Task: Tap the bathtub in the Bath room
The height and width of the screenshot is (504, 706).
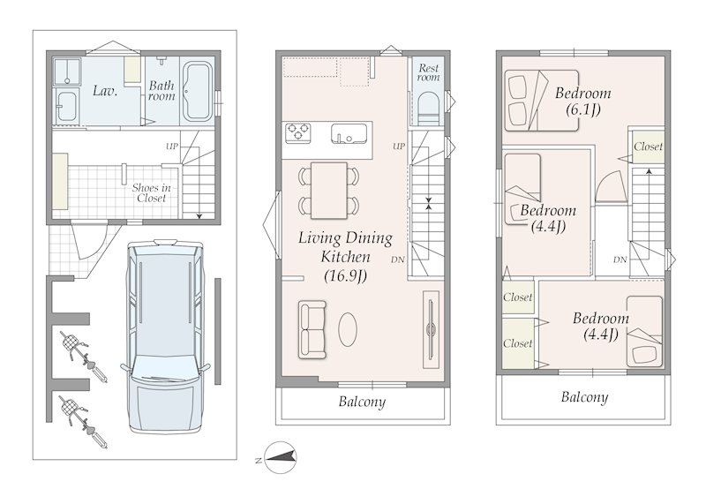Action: click(198, 92)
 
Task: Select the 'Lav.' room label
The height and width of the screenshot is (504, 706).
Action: click(105, 91)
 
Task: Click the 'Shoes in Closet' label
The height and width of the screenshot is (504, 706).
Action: click(151, 192)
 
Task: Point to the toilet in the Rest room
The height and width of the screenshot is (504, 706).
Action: click(428, 109)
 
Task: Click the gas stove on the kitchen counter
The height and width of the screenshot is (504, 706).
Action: click(297, 133)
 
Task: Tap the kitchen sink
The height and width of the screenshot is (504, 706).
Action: click(349, 133)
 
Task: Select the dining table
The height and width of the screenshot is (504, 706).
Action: click(328, 191)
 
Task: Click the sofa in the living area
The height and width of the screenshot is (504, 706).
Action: click(312, 330)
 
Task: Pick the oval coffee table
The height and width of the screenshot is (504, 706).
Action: click(348, 330)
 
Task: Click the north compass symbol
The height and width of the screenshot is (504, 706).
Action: click(280, 457)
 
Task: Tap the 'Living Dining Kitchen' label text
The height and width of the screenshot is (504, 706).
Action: click(345, 247)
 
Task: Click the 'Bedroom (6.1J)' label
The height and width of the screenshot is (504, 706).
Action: click(583, 101)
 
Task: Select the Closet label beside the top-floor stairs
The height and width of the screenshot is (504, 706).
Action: click(649, 147)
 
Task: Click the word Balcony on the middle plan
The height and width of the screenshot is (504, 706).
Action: click(362, 402)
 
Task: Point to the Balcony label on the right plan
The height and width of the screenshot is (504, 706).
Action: click(584, 397)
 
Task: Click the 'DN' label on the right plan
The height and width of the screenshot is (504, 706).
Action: click(620, 260)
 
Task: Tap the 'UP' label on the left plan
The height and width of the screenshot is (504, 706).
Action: click(172, 147)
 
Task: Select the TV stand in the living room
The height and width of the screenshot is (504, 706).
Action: click(431, 330)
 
